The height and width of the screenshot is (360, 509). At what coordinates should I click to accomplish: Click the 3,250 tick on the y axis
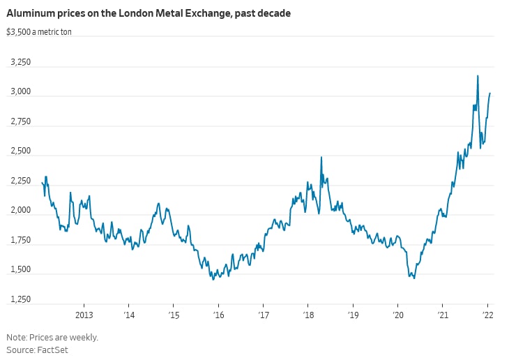(x=21, y=63)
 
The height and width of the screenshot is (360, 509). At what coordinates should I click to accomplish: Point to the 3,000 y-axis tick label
(x=21, y=92)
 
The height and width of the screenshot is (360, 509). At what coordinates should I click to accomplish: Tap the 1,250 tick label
(x=21, y=300)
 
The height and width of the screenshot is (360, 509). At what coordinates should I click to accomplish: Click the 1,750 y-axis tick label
(x=21, y=241)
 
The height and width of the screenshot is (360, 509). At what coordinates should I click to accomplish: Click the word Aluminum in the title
(x=31, y=13)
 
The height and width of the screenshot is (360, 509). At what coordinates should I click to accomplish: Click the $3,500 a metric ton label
(x=39, y=32)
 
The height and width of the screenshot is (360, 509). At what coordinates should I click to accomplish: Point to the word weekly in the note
(x=82, y=337)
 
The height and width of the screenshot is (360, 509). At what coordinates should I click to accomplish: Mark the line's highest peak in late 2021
(x=478, y=75)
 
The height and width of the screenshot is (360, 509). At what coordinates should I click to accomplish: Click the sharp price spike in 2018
(x=321, y=157)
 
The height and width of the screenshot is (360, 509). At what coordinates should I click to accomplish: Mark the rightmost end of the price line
(x=490, y=93)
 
